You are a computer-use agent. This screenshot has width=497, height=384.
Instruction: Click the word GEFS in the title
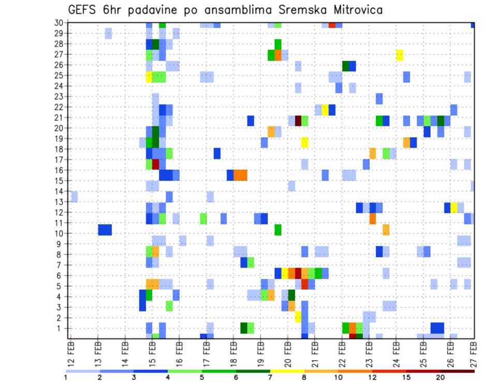pos(83,10)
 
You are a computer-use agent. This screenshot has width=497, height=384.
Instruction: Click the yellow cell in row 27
pos(400,55)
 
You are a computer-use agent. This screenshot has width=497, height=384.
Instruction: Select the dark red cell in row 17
pos(155,164)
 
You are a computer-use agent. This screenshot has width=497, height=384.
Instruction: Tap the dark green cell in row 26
pos(346,66)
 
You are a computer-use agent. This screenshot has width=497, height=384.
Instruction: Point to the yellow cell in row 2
pos(298,317)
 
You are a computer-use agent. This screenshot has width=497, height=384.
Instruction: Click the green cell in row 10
pos(278,229)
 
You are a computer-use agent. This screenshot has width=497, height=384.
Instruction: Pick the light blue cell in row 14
pos(74,196)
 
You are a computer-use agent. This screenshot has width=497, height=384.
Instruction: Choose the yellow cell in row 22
pos(325,110)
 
